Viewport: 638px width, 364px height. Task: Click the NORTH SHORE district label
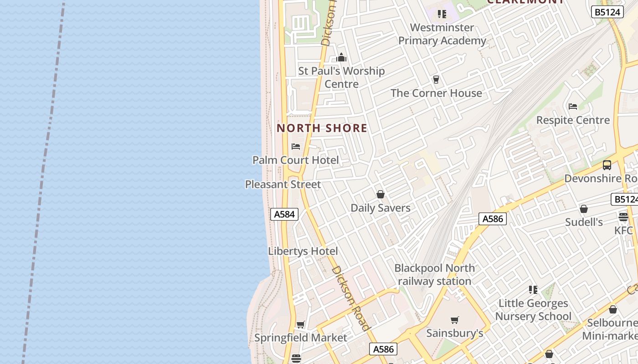click(322, 128)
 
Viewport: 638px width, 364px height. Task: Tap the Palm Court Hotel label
click(296, 160)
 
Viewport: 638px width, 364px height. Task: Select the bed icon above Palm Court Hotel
click(296, 147)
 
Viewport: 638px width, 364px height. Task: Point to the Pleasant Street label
click(283, 184)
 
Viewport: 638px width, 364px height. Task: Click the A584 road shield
click(284, 214)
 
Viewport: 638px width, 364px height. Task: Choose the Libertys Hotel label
click(303, 251)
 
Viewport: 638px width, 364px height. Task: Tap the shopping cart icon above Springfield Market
click(300, 324)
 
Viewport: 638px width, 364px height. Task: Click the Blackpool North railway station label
click(434, 274)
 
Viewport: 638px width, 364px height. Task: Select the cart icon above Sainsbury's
click(454, 320)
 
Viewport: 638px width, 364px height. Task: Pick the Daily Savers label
click(381, 208)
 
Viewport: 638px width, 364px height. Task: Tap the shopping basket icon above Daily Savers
click(381, 195)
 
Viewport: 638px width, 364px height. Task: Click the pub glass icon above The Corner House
click(436, 80)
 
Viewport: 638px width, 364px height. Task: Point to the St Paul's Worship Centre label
click(341, 77)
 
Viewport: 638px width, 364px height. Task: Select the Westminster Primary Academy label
click(442, 34)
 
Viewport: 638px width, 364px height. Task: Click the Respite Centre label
click(573, 120)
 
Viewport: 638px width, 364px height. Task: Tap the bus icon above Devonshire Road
click(607, 165)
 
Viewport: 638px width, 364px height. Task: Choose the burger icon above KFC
click(623, 217)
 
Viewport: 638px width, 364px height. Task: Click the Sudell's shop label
click(584, 222)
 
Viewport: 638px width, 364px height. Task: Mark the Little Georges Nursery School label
click(533, 309)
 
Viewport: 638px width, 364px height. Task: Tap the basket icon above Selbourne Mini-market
click(613, 310)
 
